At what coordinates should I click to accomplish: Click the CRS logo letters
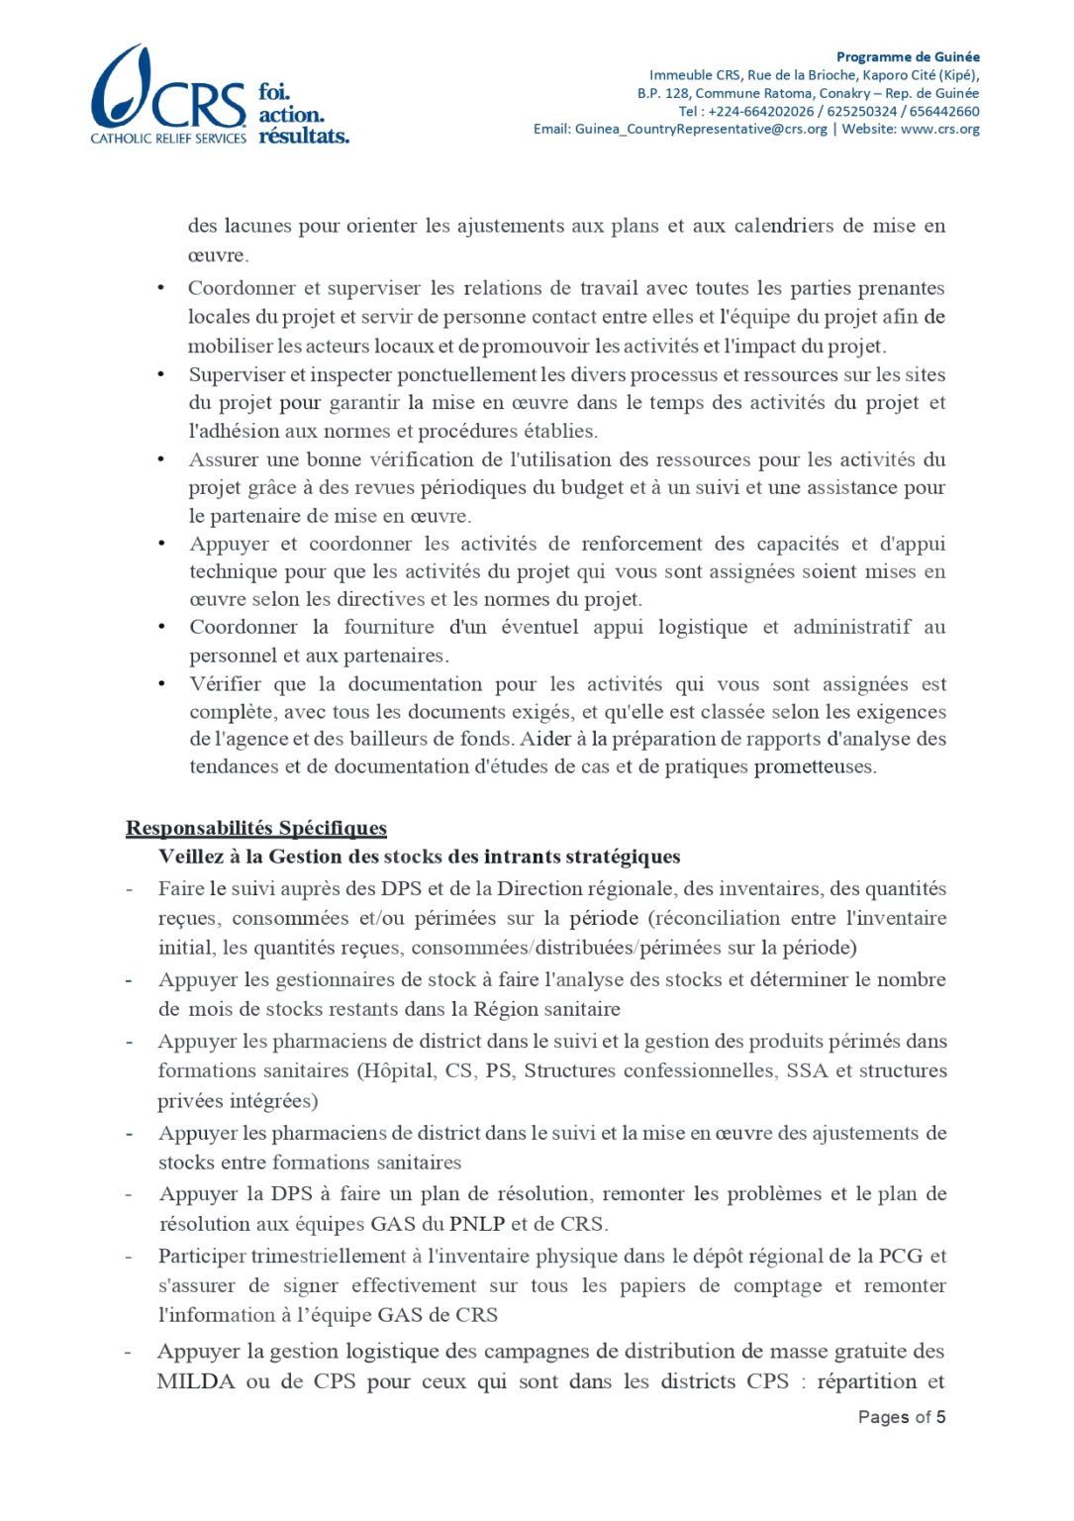click(199, 106)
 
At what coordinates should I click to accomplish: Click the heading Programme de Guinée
click(908, 56)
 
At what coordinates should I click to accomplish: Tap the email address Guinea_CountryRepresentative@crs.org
click(701, 129)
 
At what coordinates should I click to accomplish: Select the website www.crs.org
click(939, 129)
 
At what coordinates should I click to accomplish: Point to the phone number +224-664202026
click(760, 111)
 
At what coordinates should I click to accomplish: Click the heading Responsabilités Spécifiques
click(256, 828)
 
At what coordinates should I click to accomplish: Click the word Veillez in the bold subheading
click(191, 857)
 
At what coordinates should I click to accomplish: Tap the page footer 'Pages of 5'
click(901, 1417)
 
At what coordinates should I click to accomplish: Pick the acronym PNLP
click(477, 1224)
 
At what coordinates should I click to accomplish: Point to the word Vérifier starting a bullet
click(226, 684)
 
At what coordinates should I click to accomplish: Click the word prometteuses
click(814, 766)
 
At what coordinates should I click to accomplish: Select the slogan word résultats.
click(304, 136)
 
